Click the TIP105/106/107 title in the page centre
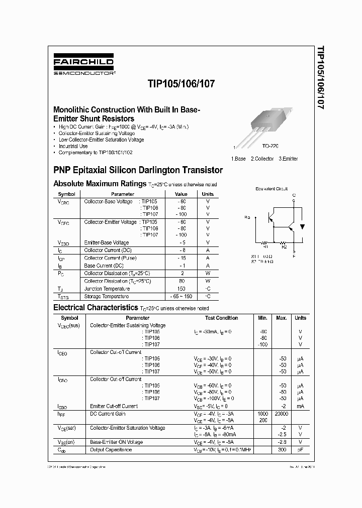[x=182, y=84]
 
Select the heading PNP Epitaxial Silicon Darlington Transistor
[x=138, y=170]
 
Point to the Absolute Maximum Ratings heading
[x=100, y=184]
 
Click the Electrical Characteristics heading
[x=96, y=307]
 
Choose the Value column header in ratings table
[x=181, y=194]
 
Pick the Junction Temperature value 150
[x=181, y=289]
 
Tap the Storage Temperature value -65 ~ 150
[x=181, y=296]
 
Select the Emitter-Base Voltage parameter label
[x=107, y=242]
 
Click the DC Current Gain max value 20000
[x=282, y=414]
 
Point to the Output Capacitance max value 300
[x=283, y=449]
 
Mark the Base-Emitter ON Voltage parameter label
[x=116, y=442]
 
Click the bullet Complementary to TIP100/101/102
[x=96, y=152]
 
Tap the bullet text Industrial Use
[x=73, y=146]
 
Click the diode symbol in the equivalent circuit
[x=302, y=226]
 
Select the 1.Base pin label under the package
[x=238, y=159]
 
